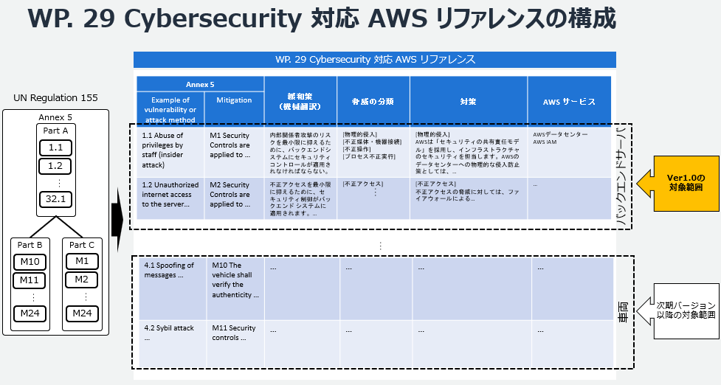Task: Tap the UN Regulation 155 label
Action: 55,98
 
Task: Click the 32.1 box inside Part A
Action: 56,198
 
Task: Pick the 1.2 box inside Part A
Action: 56,165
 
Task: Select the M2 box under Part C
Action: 80,280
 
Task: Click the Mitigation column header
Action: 234,100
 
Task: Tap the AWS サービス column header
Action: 569,101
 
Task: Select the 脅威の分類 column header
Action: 373,101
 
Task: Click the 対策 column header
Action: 469,101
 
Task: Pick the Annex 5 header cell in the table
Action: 200,85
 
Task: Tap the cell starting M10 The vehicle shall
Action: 235,280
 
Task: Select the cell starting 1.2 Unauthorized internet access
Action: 171,195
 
